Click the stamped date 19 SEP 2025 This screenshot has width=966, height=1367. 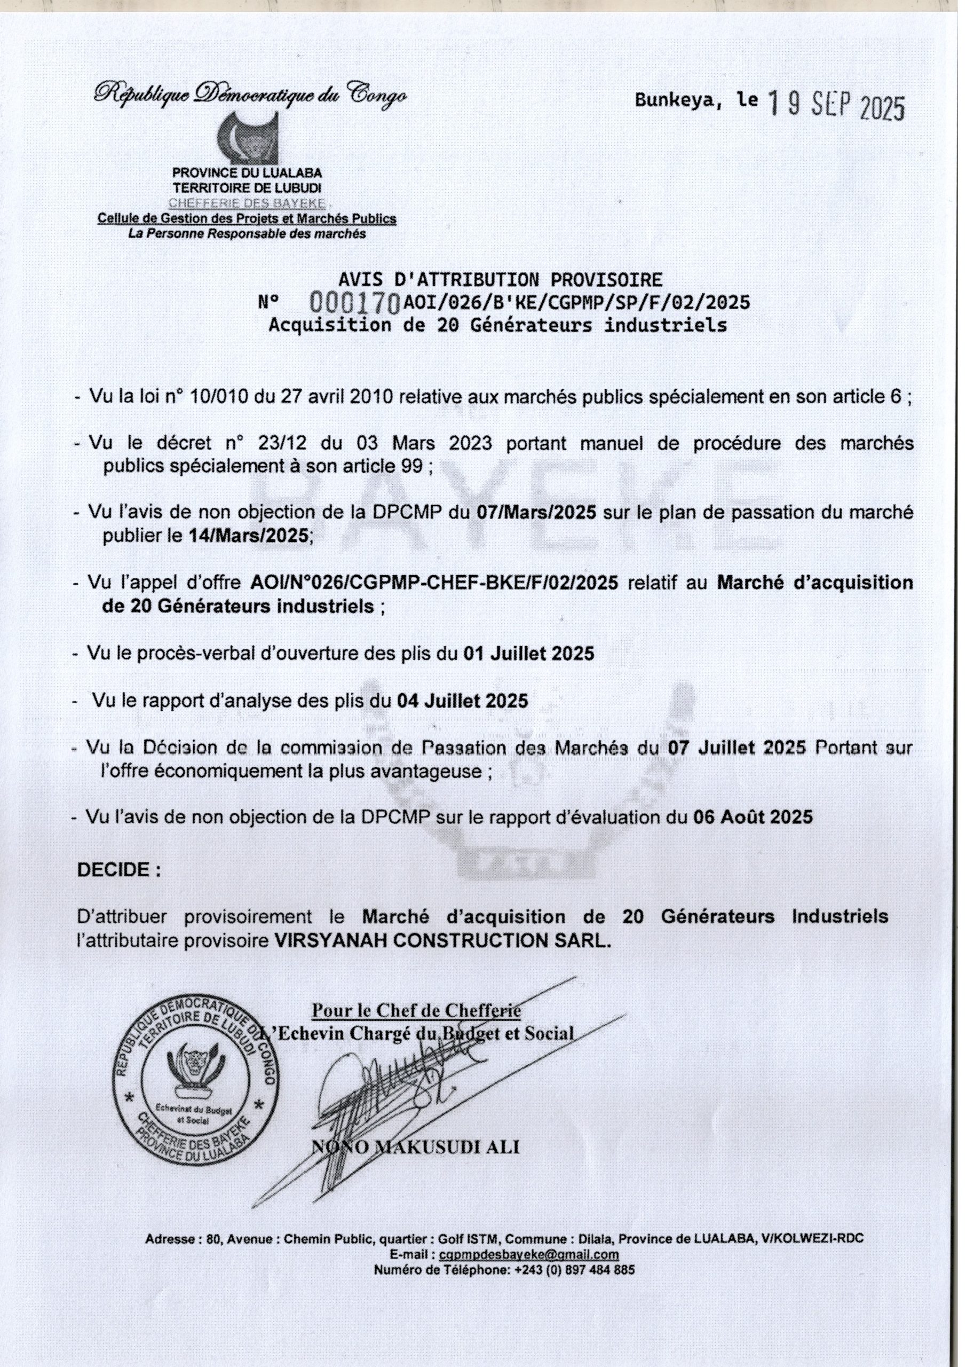[x=836, y=107]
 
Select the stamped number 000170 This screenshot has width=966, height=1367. [x=355, y=304]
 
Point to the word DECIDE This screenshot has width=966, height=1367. [x=118, y=870]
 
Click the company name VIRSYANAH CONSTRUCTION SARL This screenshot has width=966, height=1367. [x=443, y=941]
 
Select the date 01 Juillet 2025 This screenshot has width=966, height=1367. [x=528, y=654]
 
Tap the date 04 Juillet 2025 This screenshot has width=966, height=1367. [x=463, y=700]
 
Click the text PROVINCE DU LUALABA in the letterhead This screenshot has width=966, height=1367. [x=247, y=173]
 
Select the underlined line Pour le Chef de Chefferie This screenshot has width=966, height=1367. [x=417, y=1010]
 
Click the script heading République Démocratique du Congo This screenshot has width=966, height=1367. [x=250, y=93]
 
